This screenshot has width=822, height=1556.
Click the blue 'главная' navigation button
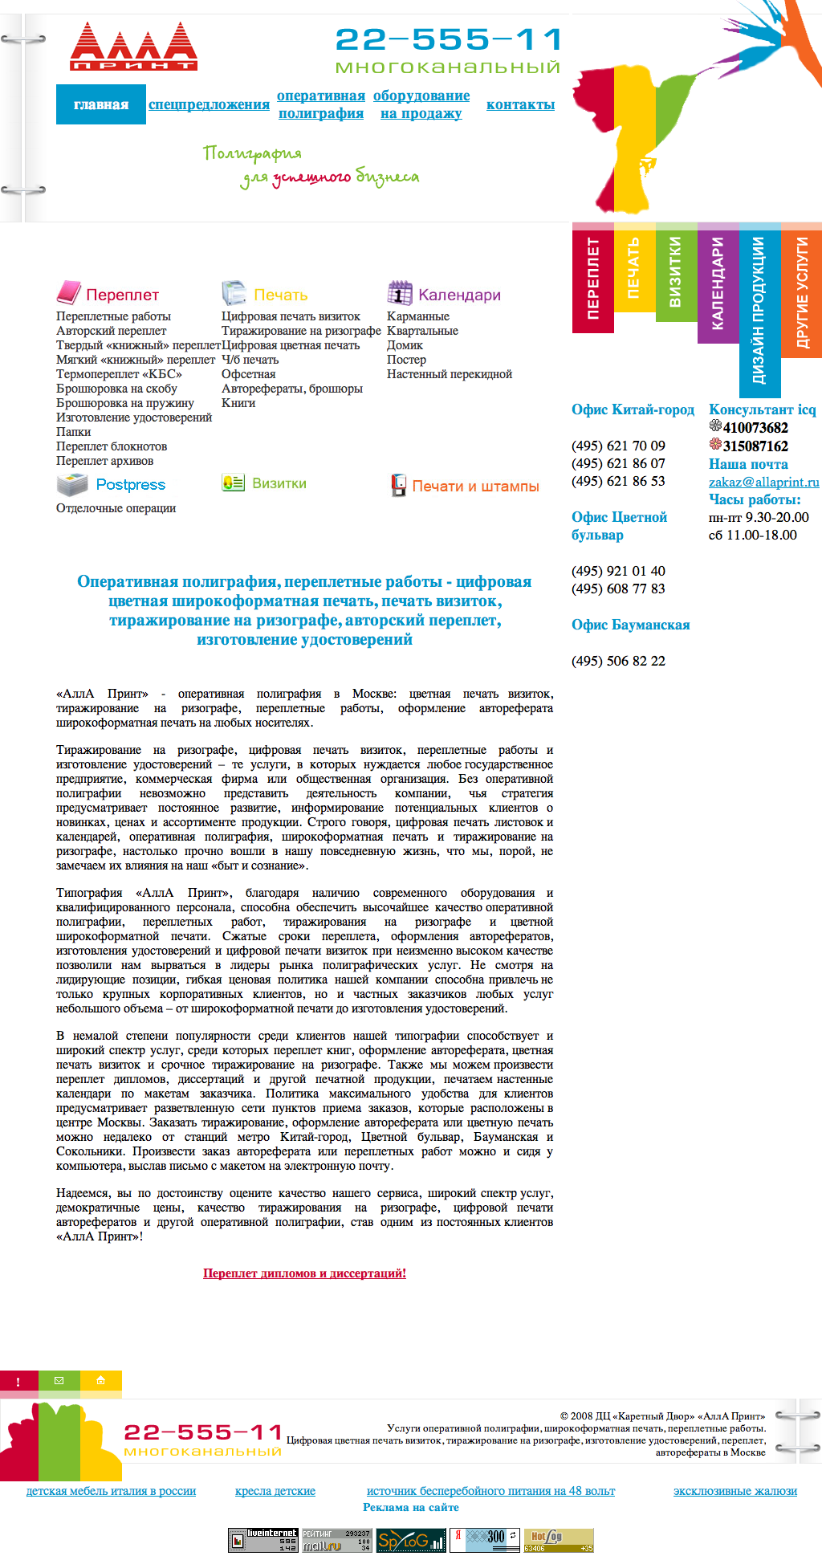pyautogui.click(x=101, y=104)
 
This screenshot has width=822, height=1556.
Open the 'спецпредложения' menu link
pyautogui.click(x=209, y=104)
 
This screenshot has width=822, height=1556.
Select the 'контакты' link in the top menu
pyautogui.click(x=520, y=104)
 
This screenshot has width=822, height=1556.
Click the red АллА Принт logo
pyautogui.click(x=133, y=47)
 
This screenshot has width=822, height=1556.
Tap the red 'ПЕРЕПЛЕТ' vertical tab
pyautogui.click(x=593, y=278)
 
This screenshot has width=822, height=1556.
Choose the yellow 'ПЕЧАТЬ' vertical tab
pyautogui.click(x=634, y=268)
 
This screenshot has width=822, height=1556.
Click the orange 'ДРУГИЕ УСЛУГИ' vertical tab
pyautogui.click(x=801, y=292)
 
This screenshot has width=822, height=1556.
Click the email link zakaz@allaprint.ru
pyautogui.click(x=763, y=482)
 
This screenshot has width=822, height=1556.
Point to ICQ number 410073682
pyautogui.click(x=755, y=428)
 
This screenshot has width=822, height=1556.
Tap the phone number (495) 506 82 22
pyautogui.click(x=618, y=661)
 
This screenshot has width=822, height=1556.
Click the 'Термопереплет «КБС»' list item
pyautogui.click(x=119, y=374)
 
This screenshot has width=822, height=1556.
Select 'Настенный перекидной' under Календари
pyautogui.click(x=449, y=374)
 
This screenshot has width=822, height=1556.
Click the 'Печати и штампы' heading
pyautogui.click(x=475, y=486)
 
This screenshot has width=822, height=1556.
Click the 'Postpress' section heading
pyautogui.click(x=130, y=484)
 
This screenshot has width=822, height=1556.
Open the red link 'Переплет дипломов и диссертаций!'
pyautogui.click(x=304, y=1273)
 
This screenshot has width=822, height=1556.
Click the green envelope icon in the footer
pyautogui.click(x=59, y=1380)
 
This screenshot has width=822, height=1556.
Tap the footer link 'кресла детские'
pyautogui.click(x=275, y=1491)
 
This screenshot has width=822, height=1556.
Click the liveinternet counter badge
pyautogui.click(x=263, y=1539)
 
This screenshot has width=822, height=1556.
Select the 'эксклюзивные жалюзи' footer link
pyautogui.click(x=735, y=1491)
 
